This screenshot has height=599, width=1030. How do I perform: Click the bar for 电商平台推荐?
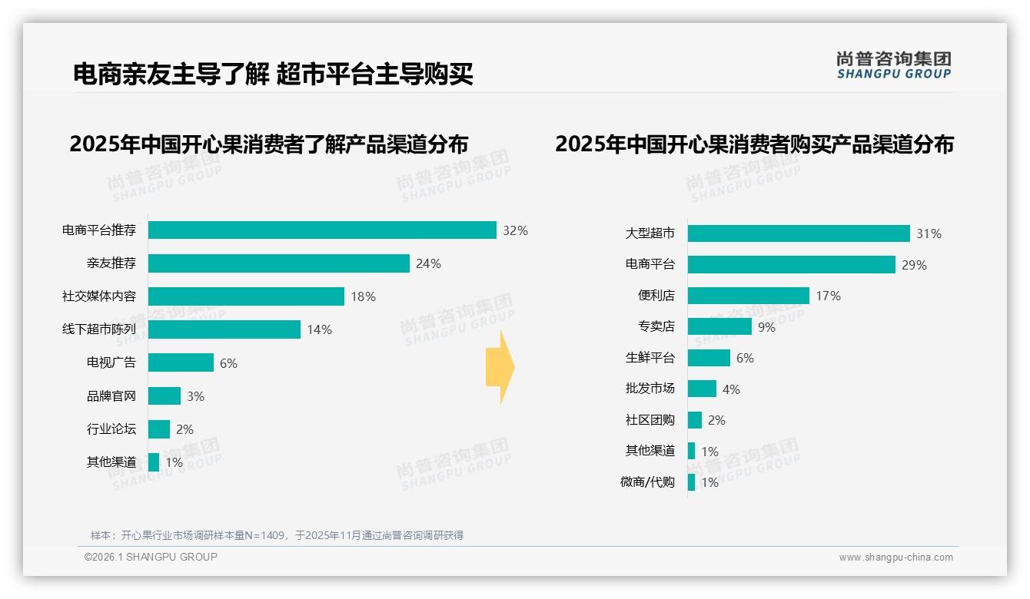(x=322, y=230)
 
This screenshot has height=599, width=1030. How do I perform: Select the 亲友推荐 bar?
(x=278, y=263)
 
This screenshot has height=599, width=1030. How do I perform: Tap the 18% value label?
(x=363, y=296)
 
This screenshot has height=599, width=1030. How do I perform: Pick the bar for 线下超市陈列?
(x=224, y=329)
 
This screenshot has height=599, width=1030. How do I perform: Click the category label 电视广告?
(x=111, y=362)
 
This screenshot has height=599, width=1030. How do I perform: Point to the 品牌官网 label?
(x=111, y=396)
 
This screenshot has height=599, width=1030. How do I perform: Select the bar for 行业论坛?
(x=159, y=429)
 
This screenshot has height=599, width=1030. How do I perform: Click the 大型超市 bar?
(x=799, y=233)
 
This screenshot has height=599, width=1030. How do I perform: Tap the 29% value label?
(x=915, y=265)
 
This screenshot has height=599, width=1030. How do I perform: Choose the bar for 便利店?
(x=748, y=296)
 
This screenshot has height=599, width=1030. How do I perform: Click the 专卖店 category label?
(x=656, y=326)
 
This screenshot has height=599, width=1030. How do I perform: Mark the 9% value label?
(x=766, y=327)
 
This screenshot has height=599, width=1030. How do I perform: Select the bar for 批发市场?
(x=702, y=389)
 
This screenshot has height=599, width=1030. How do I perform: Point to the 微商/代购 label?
(x=647, y=482)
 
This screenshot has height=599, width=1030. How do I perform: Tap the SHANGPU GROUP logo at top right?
(x=893, y=65)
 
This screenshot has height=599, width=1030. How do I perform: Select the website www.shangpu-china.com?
(x=895, y=558)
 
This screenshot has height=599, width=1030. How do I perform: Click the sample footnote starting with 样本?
(x=277, y=535)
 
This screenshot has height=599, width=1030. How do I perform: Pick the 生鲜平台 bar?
(x=709, y=358)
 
